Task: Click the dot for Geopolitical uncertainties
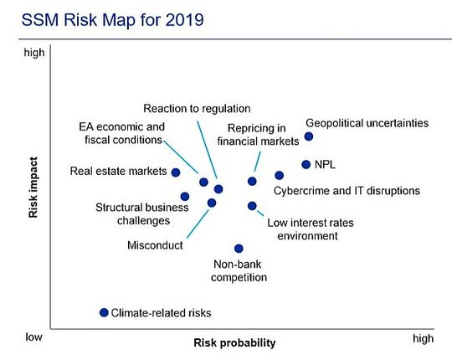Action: point(309,136)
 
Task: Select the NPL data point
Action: point(306,165)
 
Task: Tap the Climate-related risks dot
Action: point(104,312)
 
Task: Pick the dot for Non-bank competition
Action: point(239,249)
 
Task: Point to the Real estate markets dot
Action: point(176,172)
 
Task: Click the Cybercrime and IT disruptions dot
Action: point(279,175)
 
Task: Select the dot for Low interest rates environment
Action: point(252,206)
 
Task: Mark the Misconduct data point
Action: point(212,203)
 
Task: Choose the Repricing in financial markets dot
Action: point(252,182)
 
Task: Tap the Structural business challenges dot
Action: point(185,197)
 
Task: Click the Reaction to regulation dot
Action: point(218,189)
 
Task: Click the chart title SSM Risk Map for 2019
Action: point(113,20)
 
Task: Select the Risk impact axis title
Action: point(33,188)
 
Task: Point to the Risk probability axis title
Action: point(234,343)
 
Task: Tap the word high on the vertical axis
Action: point(34,53)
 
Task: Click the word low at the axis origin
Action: point(33,337)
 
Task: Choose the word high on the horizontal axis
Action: point(424,339)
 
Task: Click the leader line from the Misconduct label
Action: point(198,224)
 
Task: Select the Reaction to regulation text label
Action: point(197,109)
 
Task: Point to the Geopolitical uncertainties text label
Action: point(367,123)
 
